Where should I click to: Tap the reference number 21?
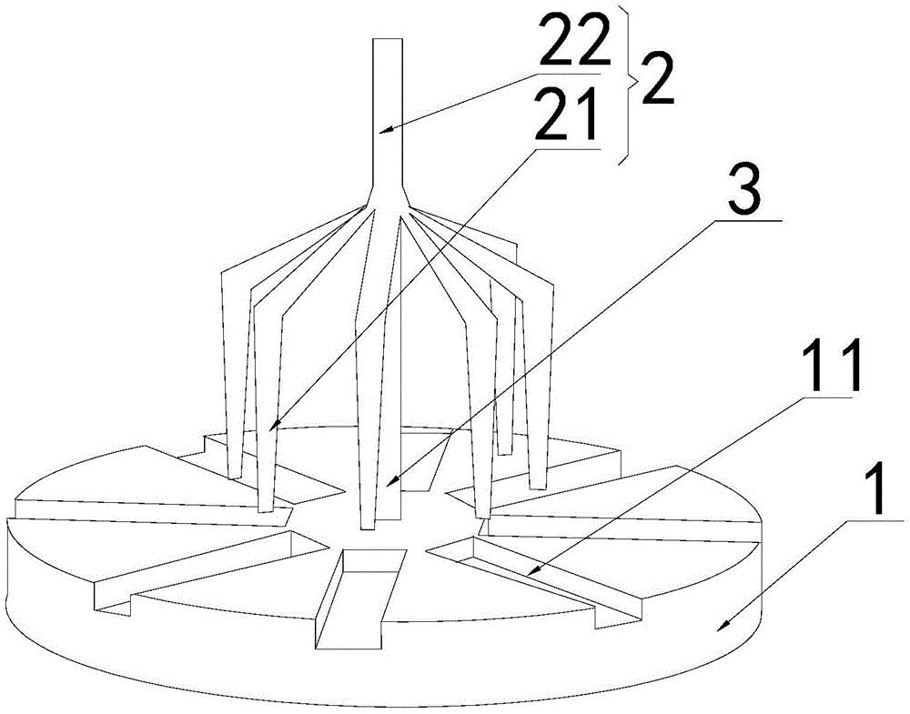click(566, 114)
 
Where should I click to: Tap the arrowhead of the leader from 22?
click(383, 129)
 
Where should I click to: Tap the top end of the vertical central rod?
click(387, 39)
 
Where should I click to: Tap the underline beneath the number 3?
click(748, 221)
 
